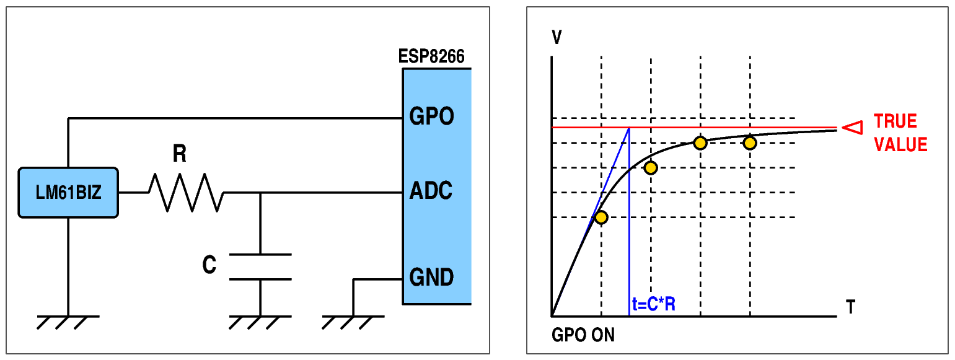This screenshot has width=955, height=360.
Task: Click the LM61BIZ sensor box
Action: [68, 192]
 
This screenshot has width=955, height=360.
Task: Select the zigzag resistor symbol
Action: [186, 192]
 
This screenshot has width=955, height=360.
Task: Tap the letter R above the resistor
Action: [180, 153]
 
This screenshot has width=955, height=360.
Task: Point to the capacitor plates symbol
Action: [260, 266]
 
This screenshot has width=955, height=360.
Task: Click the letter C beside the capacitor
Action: [209, 266]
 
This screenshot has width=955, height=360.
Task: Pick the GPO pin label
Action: [431, 116]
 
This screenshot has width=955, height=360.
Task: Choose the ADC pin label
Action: [431, 191]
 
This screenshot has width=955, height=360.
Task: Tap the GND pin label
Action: [431, 277]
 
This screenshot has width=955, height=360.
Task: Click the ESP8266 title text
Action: [431, 58]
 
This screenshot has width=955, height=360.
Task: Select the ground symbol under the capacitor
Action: [260, 322]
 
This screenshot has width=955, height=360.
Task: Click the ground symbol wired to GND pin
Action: [353, 322]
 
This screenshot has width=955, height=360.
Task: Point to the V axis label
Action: [557, 38]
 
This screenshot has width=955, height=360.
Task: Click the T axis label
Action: [851, 307]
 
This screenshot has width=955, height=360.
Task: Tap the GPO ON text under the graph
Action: [583, 336]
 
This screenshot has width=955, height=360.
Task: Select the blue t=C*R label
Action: [653, 305]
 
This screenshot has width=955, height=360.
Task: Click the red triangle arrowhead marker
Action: [853, 128]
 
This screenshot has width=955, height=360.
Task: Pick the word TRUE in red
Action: [896, 121]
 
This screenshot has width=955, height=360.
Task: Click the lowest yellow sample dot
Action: [601, 217]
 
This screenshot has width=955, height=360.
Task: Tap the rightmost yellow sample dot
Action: [750, 143]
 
